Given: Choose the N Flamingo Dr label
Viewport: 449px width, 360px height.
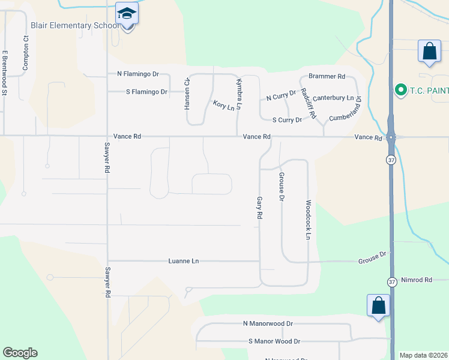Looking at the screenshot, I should coord(138,74).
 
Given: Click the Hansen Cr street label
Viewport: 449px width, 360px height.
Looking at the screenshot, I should coord(187,94).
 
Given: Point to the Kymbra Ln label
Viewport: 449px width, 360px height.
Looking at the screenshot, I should coord(238,94).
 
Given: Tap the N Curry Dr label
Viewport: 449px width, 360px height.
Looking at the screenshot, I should coord(282,95).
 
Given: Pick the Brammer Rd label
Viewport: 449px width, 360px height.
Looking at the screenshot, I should coord(327,77).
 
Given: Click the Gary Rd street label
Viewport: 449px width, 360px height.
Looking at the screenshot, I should coord(260,207).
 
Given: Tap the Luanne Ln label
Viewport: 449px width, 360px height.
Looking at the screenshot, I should coord(183,261).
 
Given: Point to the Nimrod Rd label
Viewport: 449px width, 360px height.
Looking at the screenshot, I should coord(417,280).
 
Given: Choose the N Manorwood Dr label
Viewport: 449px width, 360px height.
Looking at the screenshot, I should coord(268,323).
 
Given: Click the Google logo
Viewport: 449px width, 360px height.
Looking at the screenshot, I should coord(20,353).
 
